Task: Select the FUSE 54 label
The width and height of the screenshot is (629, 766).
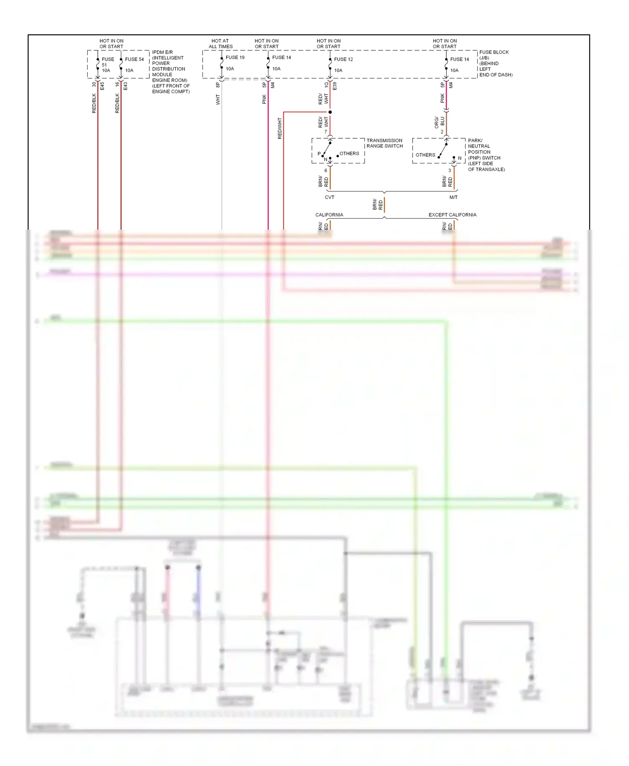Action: click(134, 60)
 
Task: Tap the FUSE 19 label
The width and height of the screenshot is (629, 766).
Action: click(235, 57)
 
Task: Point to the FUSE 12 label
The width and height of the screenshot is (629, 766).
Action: click(343, 60)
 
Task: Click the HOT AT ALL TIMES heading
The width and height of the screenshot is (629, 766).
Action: click(221, 44)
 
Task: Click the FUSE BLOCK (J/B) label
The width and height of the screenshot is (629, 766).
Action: click(494, 55)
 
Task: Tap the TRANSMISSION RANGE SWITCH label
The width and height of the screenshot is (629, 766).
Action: click(384, 143)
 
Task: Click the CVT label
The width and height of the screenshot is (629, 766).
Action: click(330, 197)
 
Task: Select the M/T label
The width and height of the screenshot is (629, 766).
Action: click(453, 197)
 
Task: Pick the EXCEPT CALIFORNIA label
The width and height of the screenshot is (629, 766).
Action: click(452, 215)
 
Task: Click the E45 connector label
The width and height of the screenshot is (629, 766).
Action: click(102, 86)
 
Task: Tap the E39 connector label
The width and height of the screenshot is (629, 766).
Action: click(335, 86)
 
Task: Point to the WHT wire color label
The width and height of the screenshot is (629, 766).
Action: click(218, 99)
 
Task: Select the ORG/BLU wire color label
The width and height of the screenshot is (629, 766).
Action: click(439, 122)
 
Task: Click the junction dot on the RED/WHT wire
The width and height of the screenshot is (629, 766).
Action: click(330, 112)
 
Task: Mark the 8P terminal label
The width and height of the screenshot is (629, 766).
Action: click(218, 85)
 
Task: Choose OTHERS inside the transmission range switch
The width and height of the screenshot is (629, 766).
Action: click(349, 154)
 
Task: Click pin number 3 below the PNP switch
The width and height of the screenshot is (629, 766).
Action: click(450, 171)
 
